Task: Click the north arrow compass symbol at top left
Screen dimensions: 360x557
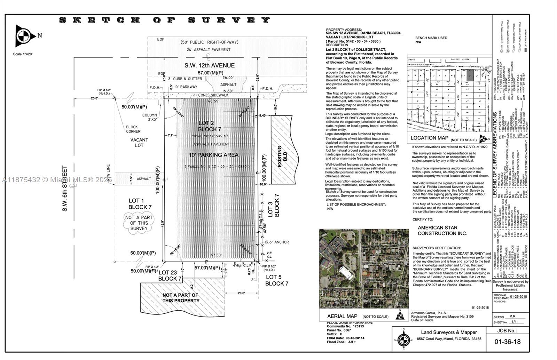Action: (x=23, y=35)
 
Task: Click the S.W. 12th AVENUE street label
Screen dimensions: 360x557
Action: (x=209, y=65)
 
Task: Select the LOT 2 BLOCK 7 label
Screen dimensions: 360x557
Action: (x=210, y=126)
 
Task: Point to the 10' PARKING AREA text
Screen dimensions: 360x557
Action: (x=213, y=155)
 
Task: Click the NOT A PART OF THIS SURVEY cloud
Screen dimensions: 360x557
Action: (x=139, y=223)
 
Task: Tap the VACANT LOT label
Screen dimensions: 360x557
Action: (x=139, y=143)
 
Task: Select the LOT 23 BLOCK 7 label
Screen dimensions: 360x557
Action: (x=170, y=276)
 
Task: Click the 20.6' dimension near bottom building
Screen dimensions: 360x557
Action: (x=241, y=293)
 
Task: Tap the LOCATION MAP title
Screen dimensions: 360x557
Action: (x=429, y=138)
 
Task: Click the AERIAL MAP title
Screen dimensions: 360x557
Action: (x=342, y=316)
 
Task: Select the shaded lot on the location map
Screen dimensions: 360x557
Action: (x=470, y=76)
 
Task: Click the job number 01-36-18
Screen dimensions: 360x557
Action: (x=508, y=342)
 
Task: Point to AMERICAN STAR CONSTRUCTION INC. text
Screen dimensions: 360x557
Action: (x=442, y=230)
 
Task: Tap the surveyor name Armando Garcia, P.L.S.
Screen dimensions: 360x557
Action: (x=429, y=313)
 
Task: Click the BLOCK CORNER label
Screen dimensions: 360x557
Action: (x=133, y=129)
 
